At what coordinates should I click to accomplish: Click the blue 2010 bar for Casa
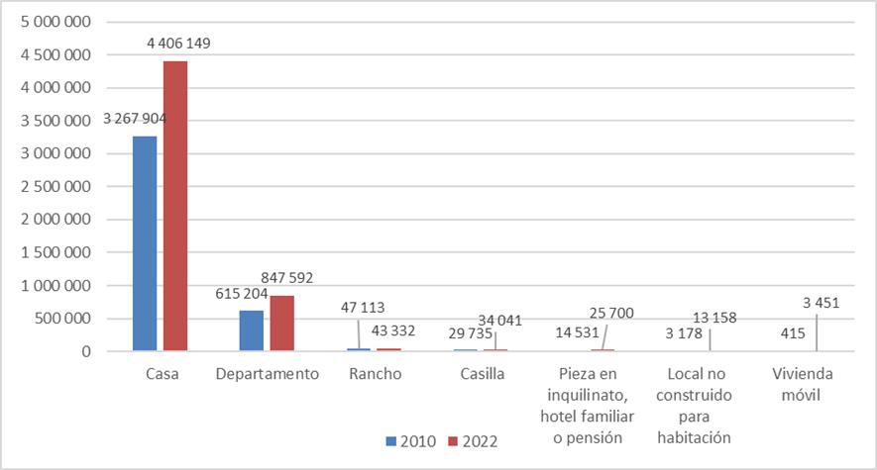point(145,243)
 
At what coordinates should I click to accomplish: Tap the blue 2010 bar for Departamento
point(252,330)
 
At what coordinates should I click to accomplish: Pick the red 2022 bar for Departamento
point(282,323)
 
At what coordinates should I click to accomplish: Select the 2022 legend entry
point(474,440)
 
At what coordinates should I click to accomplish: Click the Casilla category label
point(483,375)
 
